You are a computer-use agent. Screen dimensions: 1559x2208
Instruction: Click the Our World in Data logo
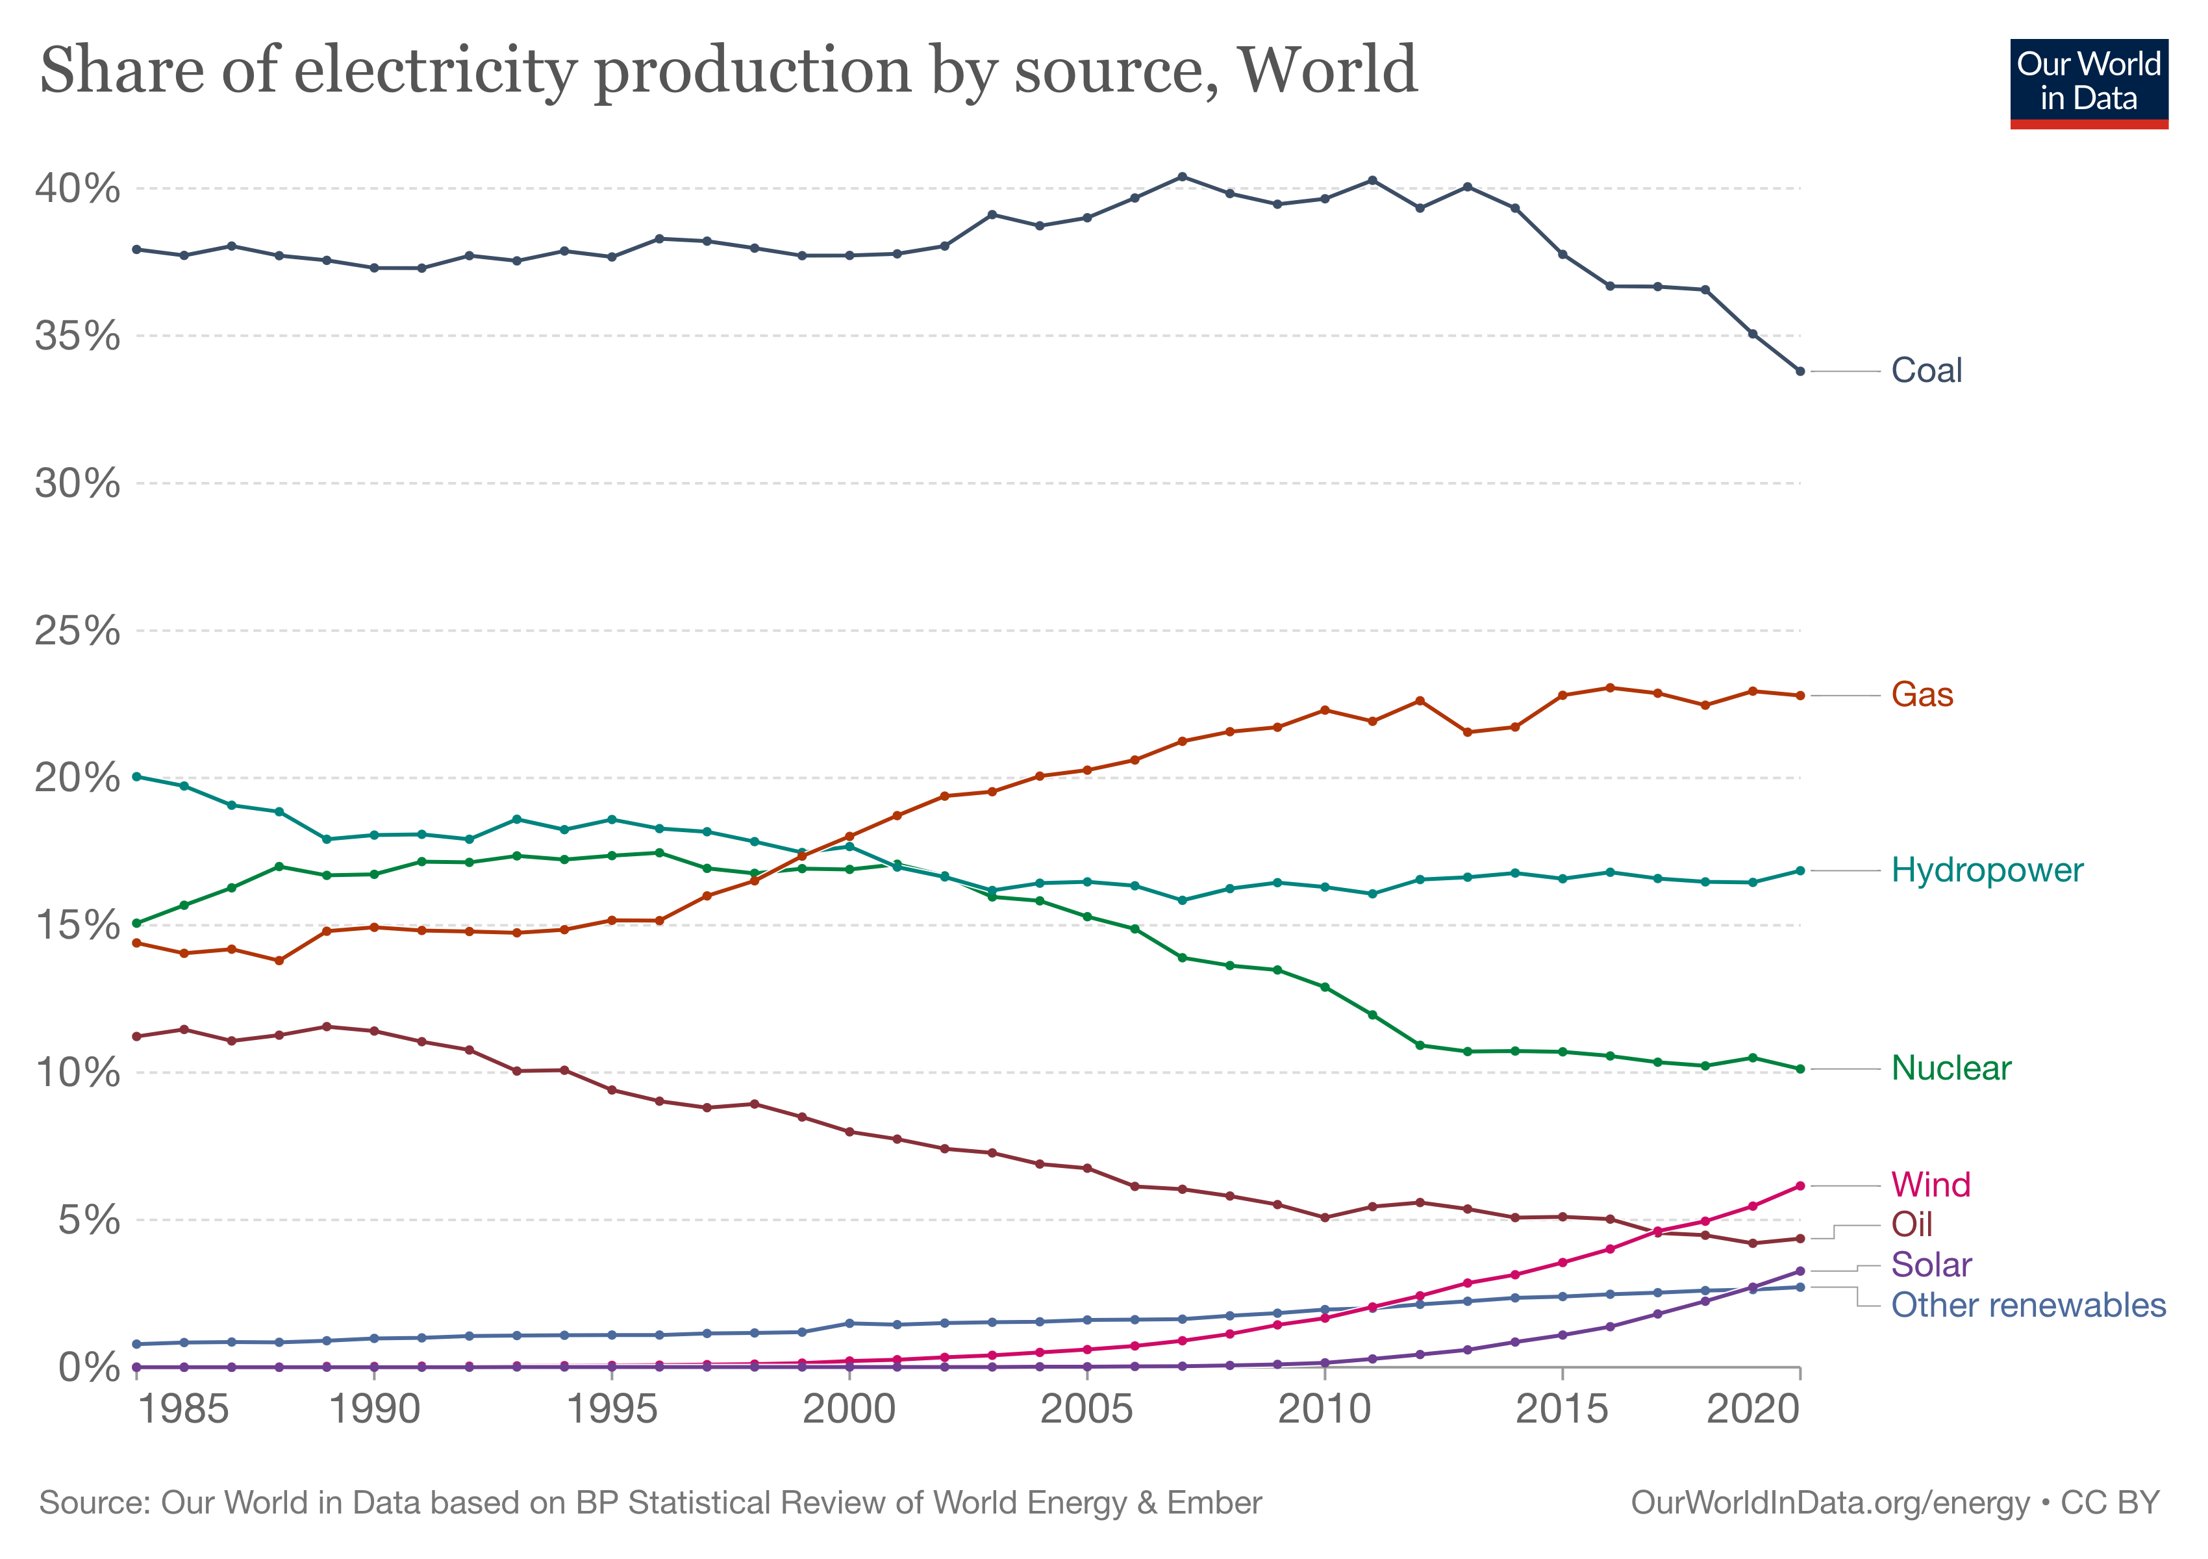(x=2089, y=84)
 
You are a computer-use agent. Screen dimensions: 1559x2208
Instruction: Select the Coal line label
(x=1926, y=370)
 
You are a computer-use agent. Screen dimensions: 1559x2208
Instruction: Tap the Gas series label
(x=1922, y=694)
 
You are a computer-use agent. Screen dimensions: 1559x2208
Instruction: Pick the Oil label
(x=1912, y=1224)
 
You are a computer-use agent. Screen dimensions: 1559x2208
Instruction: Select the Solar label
(x=1931, y=1265)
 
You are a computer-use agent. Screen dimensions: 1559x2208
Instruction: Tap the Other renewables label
(x=2028, y=1305)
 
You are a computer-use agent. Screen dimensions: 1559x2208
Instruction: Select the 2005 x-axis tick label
(x=1086, y=1410)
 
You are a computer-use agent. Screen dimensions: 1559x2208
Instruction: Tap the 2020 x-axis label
(x=1752, y=1410)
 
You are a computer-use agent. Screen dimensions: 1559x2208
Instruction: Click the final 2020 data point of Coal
(x=1800, y=371)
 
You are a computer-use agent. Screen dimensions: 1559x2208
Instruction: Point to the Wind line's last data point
(x=1800, y=1186)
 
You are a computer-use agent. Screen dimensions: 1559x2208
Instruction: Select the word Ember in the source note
(x=1214, y=1502)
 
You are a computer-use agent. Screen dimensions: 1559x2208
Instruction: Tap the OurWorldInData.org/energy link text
(x=1830, y=1502)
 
